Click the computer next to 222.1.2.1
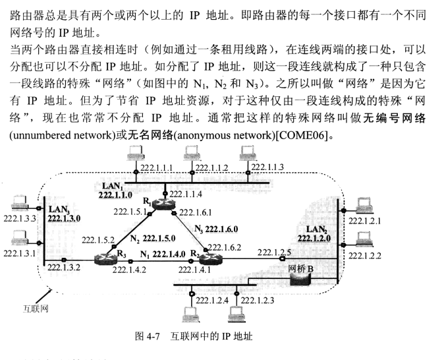click(x=362, y=206)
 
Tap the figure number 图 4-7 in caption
click(x=150, y=336)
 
